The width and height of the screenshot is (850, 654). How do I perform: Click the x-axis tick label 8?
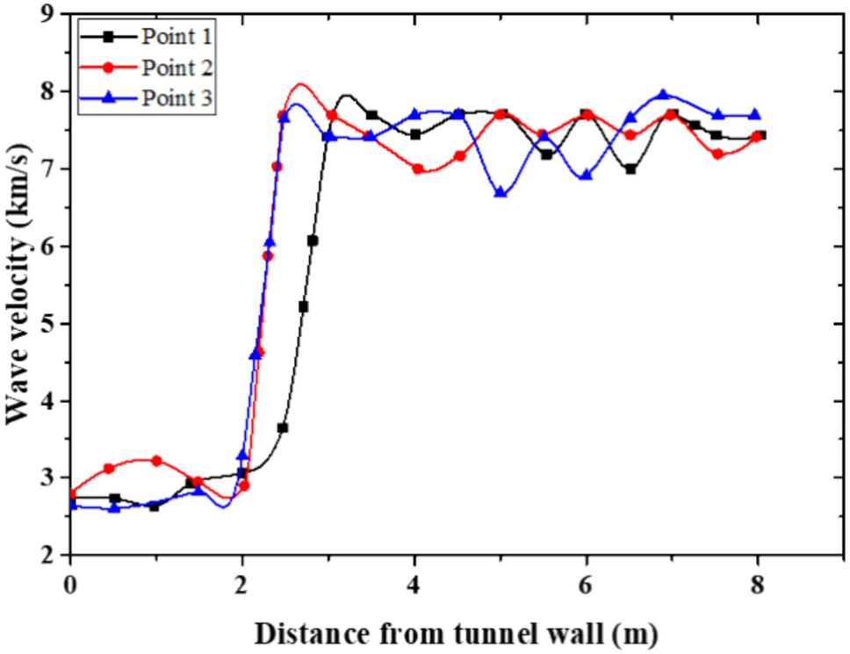757,582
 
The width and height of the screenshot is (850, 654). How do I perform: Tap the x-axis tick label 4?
414,582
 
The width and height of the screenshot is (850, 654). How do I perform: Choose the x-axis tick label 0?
70,582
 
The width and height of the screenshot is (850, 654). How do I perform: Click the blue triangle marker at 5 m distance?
501,192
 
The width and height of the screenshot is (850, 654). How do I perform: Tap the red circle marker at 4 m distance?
418,169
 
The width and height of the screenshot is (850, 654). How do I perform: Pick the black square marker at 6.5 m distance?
630,169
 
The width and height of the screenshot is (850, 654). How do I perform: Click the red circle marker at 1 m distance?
156,460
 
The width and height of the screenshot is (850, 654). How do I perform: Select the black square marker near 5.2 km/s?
304,306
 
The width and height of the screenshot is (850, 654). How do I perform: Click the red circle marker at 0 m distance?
72,493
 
